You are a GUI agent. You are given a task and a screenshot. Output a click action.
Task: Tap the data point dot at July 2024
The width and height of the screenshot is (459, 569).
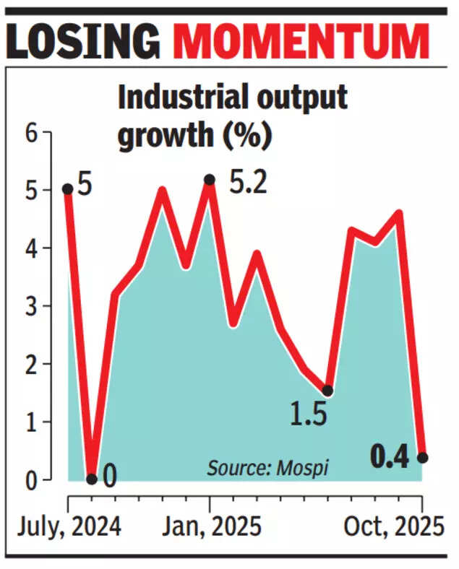67,189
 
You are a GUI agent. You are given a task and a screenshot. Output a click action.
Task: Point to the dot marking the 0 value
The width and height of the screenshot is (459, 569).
91,479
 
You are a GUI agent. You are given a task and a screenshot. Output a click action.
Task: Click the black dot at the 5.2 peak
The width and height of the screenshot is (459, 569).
210,179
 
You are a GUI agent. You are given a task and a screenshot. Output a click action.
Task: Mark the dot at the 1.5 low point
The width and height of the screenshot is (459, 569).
327,391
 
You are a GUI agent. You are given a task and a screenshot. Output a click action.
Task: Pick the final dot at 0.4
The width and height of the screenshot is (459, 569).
422,458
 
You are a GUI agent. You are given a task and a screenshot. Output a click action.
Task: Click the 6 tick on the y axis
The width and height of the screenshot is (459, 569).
30,133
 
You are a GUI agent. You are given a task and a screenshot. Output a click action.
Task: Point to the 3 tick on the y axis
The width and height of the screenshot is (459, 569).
30,306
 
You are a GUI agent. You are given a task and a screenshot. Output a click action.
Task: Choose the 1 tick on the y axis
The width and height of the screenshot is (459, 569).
30,422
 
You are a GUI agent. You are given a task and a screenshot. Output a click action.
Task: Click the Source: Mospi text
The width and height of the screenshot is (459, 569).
267,468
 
